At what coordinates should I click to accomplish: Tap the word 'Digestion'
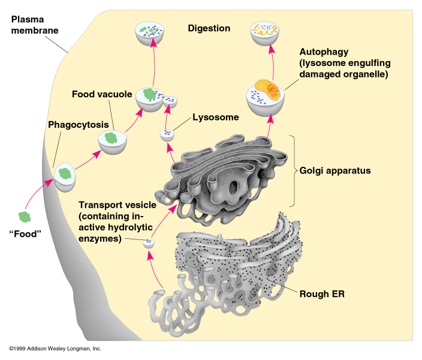(x=209, y=28)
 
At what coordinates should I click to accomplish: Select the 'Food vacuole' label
(x=98, y=94)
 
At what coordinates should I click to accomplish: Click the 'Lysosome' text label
(x=216, y=118)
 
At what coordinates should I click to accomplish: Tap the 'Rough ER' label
(x=321, y=294)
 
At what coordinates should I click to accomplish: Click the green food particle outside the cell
(x=25, y=217)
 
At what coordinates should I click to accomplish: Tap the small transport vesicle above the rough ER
(x=147, y=242)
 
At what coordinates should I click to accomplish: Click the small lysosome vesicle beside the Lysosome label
(x=167, y=135)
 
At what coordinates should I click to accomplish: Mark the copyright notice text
(x=55, y=349)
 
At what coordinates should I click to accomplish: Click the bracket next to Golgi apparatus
(x=294, y=171)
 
